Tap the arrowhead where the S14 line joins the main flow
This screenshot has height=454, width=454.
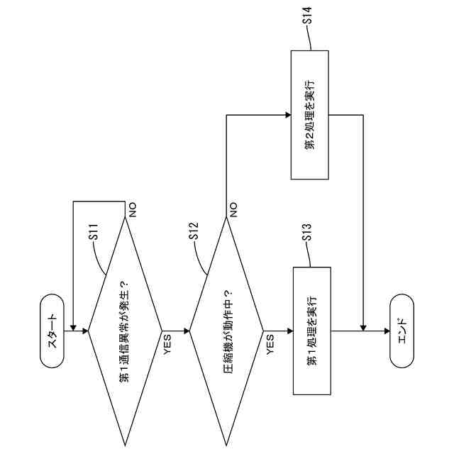pyautogui.click(x=362, y=328)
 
